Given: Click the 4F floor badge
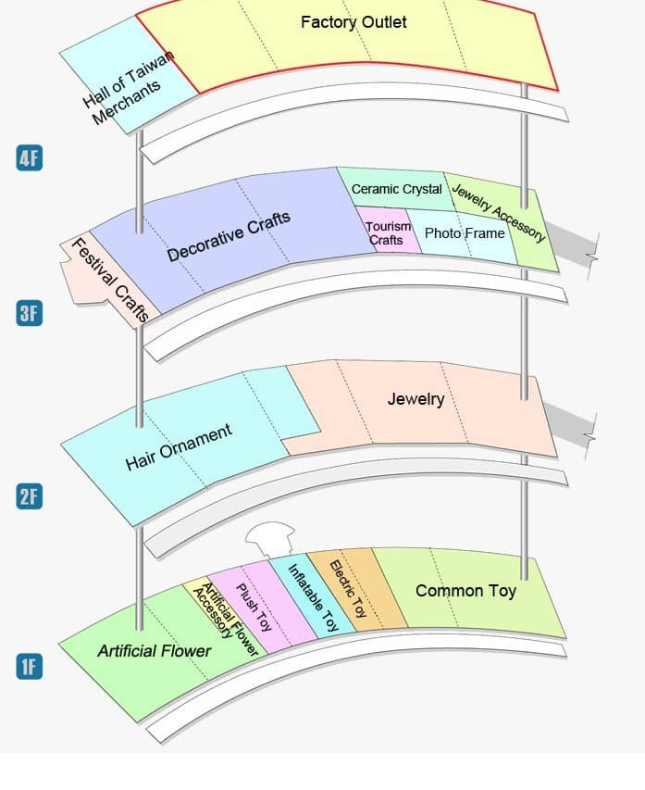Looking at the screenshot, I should tap(29, 157).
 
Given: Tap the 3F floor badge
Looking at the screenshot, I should tap(29, 313).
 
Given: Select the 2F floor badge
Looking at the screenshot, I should tap(29, 496).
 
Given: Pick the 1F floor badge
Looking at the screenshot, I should tap(29, 666).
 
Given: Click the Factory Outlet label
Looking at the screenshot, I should tap(354, 22).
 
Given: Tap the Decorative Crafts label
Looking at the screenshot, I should tap(229, 236).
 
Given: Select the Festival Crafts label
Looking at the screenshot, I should tap(110, 280).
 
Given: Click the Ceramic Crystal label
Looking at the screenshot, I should tap(396, 189).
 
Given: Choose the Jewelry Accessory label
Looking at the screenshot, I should tap(498, 212).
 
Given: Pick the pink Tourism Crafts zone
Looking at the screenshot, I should tap(385, 233).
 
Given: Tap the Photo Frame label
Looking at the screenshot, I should tap(465, 233).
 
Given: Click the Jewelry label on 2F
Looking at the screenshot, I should tap(416, 399).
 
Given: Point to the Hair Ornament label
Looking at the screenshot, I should tap(178, 447).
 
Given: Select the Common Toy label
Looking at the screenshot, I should tap(465, 590).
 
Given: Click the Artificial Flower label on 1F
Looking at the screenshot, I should tap(155, 651).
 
